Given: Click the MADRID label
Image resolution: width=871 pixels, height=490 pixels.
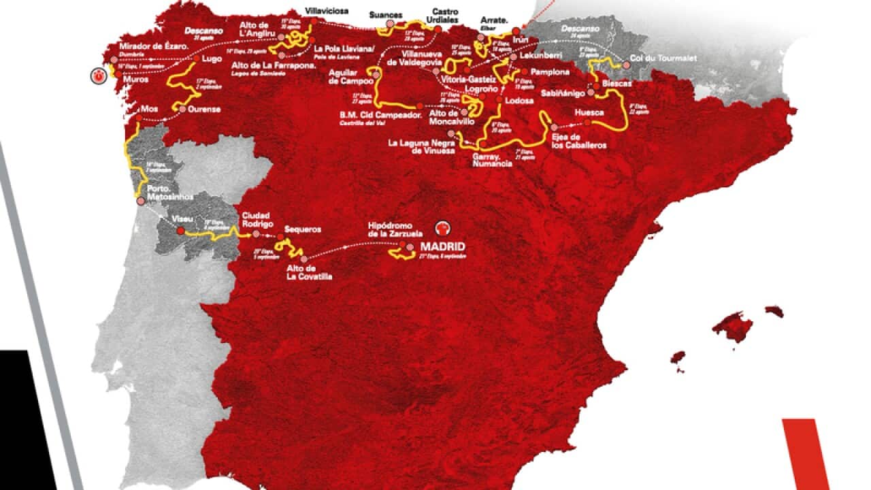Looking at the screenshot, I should pyautogui.click(x=442, y=246).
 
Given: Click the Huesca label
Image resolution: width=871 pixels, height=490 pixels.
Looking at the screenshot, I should pyautogui.click(x=589, y=112).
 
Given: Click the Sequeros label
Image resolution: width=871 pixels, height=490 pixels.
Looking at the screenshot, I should pyautogui.click(x=303, y=230).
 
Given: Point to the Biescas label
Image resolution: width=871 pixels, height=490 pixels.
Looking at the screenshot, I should pyautogui.click(x=616, y=83).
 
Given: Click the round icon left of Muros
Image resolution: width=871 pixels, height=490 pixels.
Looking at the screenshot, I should pyautogui.click(x=101, y=75).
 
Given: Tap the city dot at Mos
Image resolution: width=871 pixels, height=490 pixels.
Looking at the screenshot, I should pyautogui.click(x=139, y=118).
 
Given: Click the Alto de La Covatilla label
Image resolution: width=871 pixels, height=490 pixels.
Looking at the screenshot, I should pyautogui.click(x=309, y=272).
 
